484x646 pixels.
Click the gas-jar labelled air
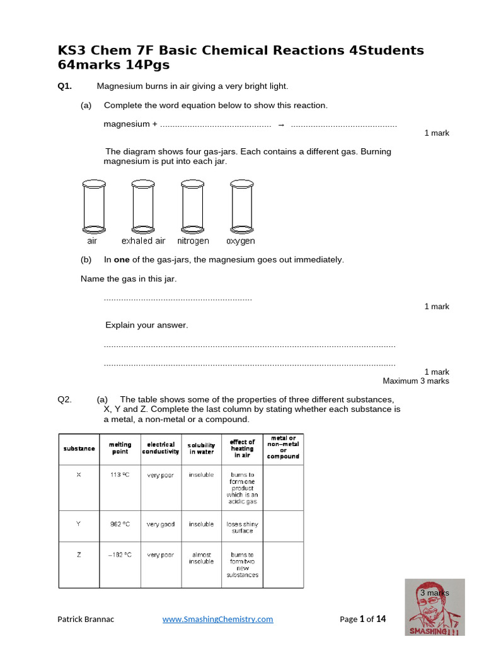click(93, 206)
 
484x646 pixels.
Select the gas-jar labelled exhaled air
click(142, 206)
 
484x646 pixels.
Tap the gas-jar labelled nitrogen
click(192, 206)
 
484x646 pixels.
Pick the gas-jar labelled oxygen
click(241, 206)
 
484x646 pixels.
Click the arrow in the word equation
click(281, 124)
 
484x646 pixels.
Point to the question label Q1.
click(65, 86)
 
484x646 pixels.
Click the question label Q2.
click(65, 399)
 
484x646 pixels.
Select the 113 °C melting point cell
click(120, 475)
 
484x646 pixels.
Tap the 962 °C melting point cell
click(120, 524)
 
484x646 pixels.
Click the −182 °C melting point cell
click(120, 555)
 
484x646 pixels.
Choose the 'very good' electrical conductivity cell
click(161, 524)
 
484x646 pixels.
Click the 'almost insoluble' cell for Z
click(201, 558)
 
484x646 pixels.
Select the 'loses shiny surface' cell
click(242, 527)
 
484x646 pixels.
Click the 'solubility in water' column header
click(201, 449)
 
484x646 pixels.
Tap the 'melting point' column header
click(120, 448)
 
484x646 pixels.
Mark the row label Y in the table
click(79, 524)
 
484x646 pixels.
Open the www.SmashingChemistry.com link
click(217, 619)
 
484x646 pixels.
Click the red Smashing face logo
click(434, 608)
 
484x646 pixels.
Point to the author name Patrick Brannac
click(87, 619)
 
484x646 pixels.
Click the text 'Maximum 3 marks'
click(416, 381)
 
